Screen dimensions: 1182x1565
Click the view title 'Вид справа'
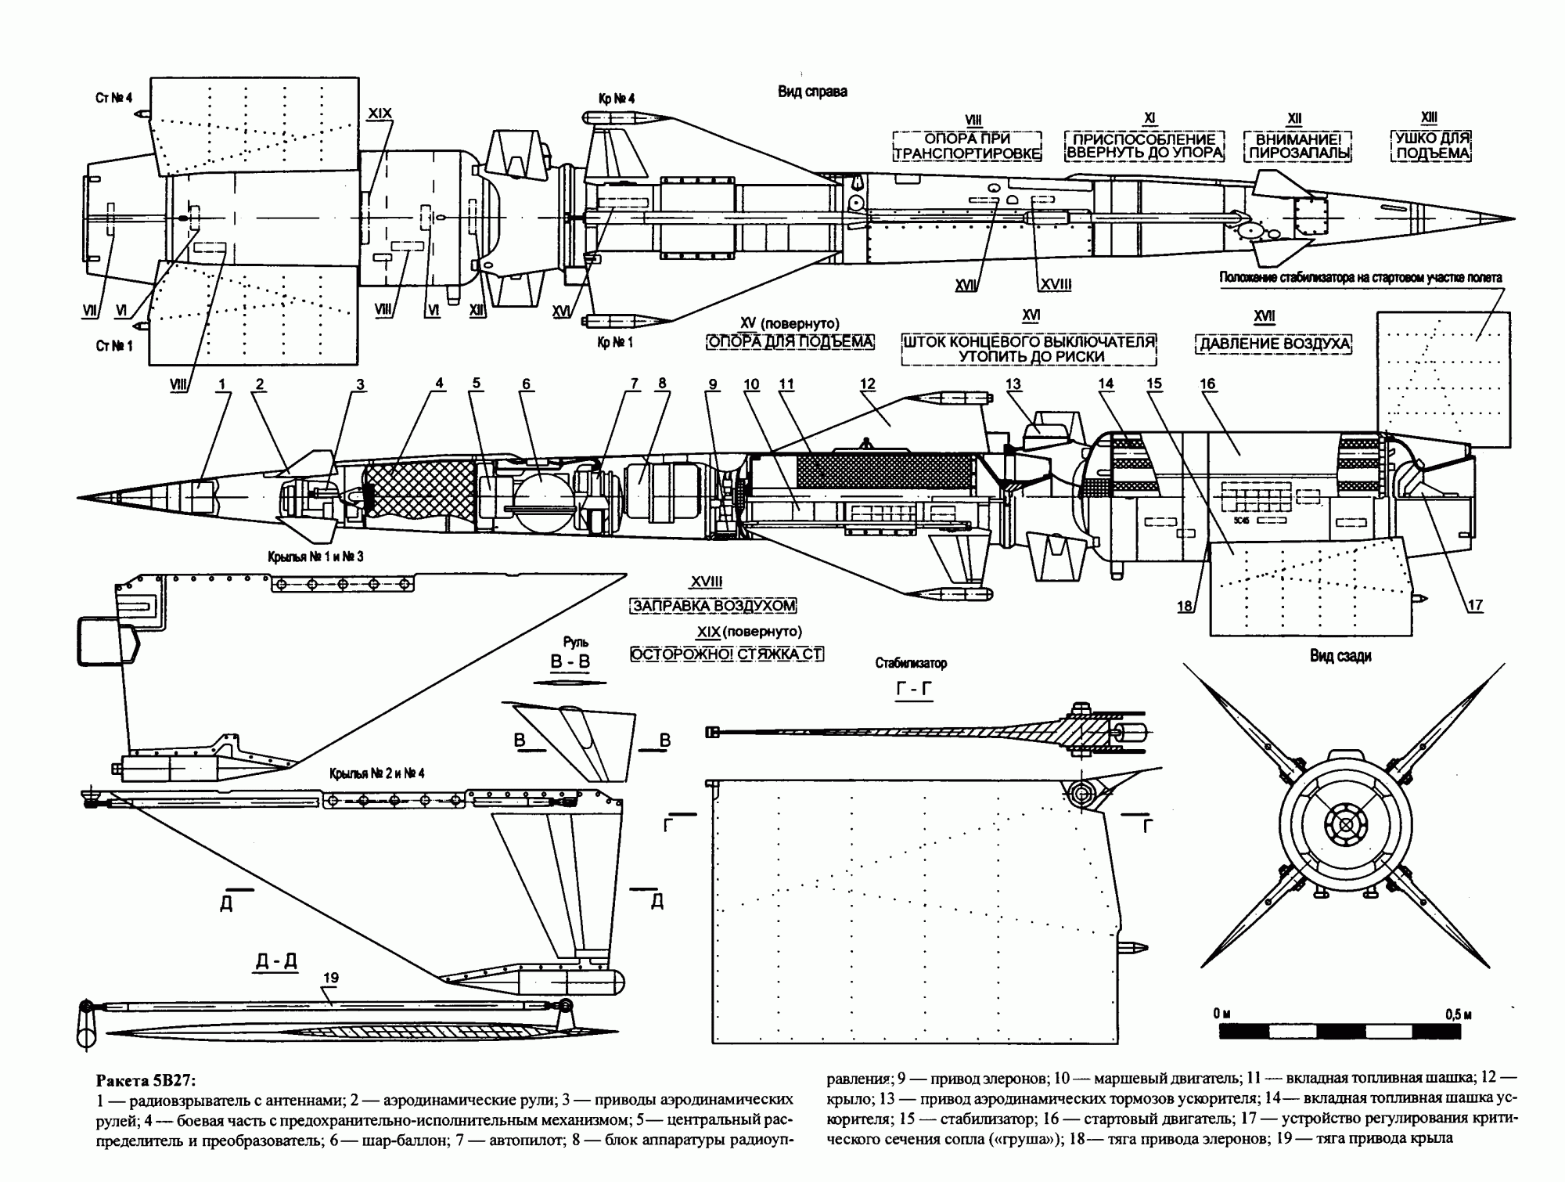click(811, 92)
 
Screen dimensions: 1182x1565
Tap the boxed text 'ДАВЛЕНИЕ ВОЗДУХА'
click(1274, 344)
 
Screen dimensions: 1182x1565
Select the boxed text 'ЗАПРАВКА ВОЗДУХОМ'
click(712, 606)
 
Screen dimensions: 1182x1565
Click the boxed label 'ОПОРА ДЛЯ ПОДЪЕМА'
click(790, 342)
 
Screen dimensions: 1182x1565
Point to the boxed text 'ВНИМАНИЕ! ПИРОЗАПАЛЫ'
click(1299, 146)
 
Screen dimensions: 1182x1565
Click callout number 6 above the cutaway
click(526, 384)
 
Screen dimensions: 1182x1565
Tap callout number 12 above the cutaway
click(867, 384)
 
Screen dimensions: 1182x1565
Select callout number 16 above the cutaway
click(1207, 384)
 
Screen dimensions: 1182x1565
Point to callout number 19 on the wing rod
click(330, 978)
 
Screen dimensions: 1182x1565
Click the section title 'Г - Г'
click(912, 690)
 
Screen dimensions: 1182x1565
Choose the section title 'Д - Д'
click(277, 961)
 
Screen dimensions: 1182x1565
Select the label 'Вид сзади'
click(1340, 656)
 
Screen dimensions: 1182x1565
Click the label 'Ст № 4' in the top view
click(114, 98)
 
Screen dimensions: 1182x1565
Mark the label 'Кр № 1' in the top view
click(616, 343)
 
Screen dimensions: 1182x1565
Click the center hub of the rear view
click(1346, 824)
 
